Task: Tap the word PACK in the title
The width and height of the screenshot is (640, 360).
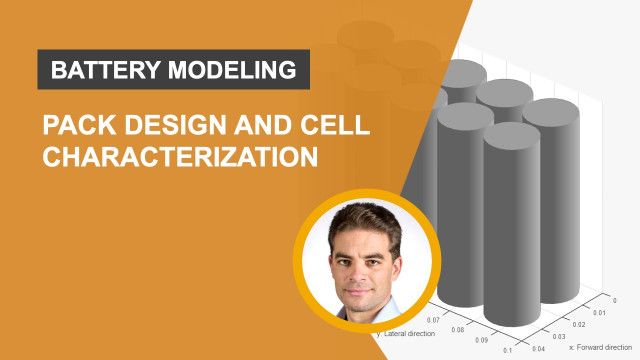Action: (71, 128)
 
